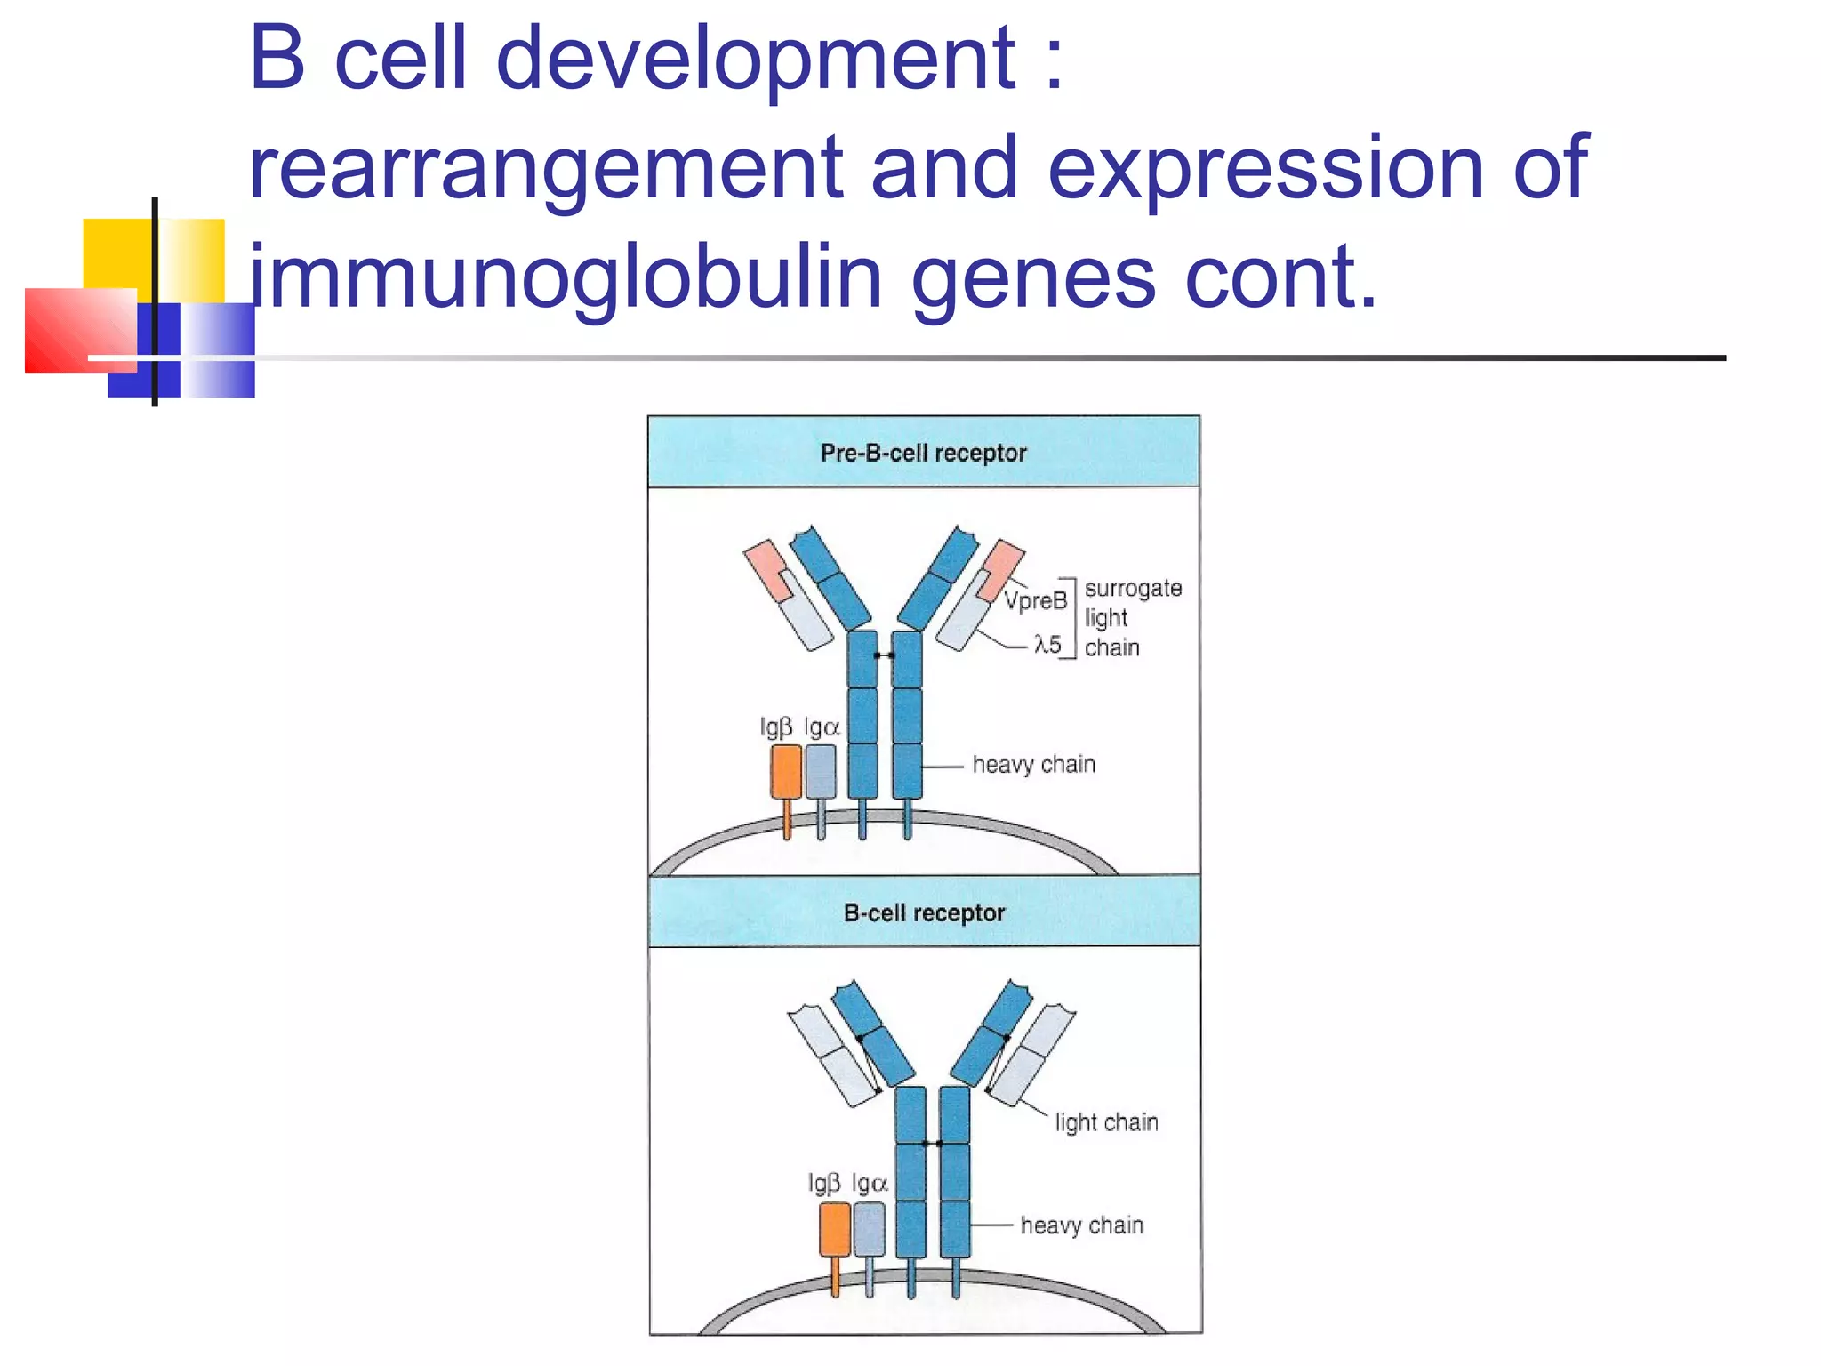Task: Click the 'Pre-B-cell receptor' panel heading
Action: point(923,453)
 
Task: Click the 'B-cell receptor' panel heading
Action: point(924,912)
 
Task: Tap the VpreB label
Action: point(1036,600)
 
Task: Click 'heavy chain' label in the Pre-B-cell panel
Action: point(1033,764)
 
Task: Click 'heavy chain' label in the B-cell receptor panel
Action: point(1081,1225)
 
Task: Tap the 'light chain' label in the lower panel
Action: point(1106,1121)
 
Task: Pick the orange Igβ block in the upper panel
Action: point(786,771)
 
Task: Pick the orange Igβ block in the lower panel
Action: point(834,1229)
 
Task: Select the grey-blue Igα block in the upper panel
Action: point(821,771)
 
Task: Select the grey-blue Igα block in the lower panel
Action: point(869,1229)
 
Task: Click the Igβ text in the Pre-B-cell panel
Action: point(775,727)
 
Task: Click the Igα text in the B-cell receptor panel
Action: point(870,1183)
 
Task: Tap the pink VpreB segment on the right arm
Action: point(1002,565)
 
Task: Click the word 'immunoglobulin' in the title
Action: point(566,277)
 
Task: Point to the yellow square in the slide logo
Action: point(120,253)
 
